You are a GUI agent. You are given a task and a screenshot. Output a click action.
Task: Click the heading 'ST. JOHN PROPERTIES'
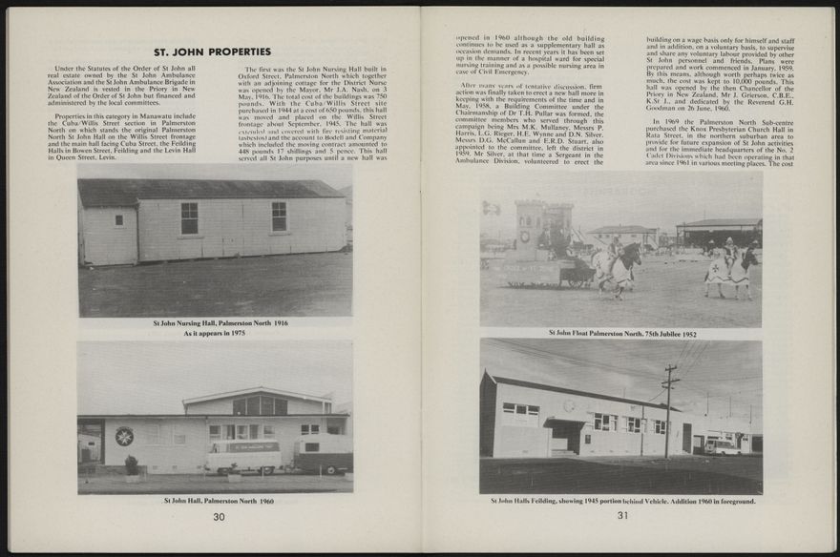click(213, 52)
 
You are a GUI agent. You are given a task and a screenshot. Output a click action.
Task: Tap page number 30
click(219, 516)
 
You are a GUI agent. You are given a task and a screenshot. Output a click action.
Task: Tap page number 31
click(622, 516)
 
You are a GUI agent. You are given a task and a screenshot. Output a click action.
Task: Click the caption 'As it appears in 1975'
click(215, 333)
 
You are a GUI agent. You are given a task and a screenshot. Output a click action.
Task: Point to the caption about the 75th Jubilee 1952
click(622, 334)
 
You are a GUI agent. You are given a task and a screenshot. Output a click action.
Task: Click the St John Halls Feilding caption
click(622, 501)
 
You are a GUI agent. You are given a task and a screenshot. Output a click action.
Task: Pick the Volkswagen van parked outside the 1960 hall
click(243, 456)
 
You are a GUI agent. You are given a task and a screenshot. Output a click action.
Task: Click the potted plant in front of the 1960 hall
click(132, 465)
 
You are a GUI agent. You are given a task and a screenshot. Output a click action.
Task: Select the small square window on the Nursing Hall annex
click(119, 219)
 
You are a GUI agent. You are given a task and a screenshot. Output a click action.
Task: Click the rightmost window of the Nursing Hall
click(279, 216)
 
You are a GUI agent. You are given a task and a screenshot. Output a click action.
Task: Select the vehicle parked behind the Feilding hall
click(722, 445)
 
